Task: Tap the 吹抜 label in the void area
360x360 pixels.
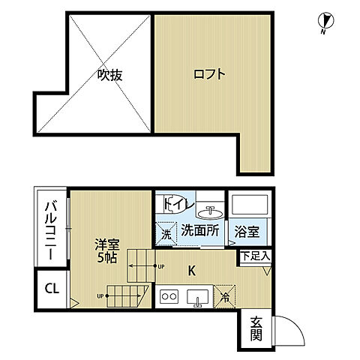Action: tap(109, 75)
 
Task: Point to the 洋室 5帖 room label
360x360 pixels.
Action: tap(105, 249)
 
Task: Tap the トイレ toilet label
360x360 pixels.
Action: tap(175, 203)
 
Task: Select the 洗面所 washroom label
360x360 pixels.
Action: tap(199, 231)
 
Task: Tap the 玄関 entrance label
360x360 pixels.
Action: tap(256, 329)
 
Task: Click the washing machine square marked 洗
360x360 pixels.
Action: tap(166, 232)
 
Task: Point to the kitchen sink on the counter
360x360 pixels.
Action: tap(199, 298)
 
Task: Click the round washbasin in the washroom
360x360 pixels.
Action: tap(209, 210)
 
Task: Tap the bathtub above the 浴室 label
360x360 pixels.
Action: tap(248, 205)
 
